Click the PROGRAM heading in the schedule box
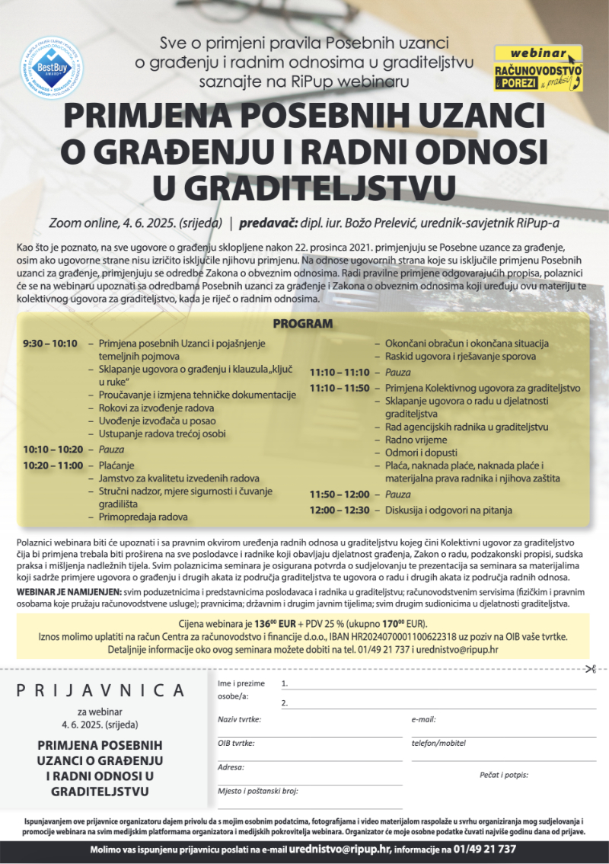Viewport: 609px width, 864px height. (302, 324)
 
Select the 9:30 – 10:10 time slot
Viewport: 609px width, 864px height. (50, 343)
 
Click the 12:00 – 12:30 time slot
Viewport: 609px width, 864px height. (339, 510)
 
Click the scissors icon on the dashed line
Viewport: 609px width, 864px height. (589, 670)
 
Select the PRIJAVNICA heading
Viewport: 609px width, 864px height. (100, 690)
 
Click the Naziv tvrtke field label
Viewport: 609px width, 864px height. (240, 719)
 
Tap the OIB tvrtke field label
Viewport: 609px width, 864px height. (236, 743)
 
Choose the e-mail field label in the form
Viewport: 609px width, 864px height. (423, 719)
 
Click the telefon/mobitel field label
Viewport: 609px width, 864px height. (438, 743)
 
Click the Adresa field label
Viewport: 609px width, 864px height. (231, 766)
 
